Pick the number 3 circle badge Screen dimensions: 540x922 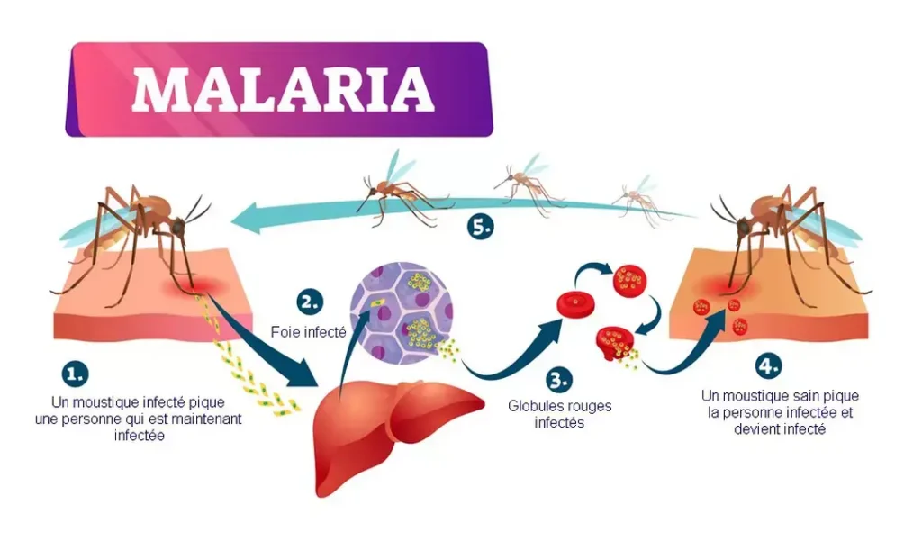[x=558, y=379]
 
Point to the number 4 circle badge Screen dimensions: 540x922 [x=768, y=366]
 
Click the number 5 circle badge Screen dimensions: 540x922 [x=480, y=227]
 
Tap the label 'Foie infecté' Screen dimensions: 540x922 [x=309, y=331]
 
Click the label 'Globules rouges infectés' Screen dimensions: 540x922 [x=559, y=414]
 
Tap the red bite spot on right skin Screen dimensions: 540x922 [x=720, y=291]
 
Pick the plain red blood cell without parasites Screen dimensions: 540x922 [x=574, y=303]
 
